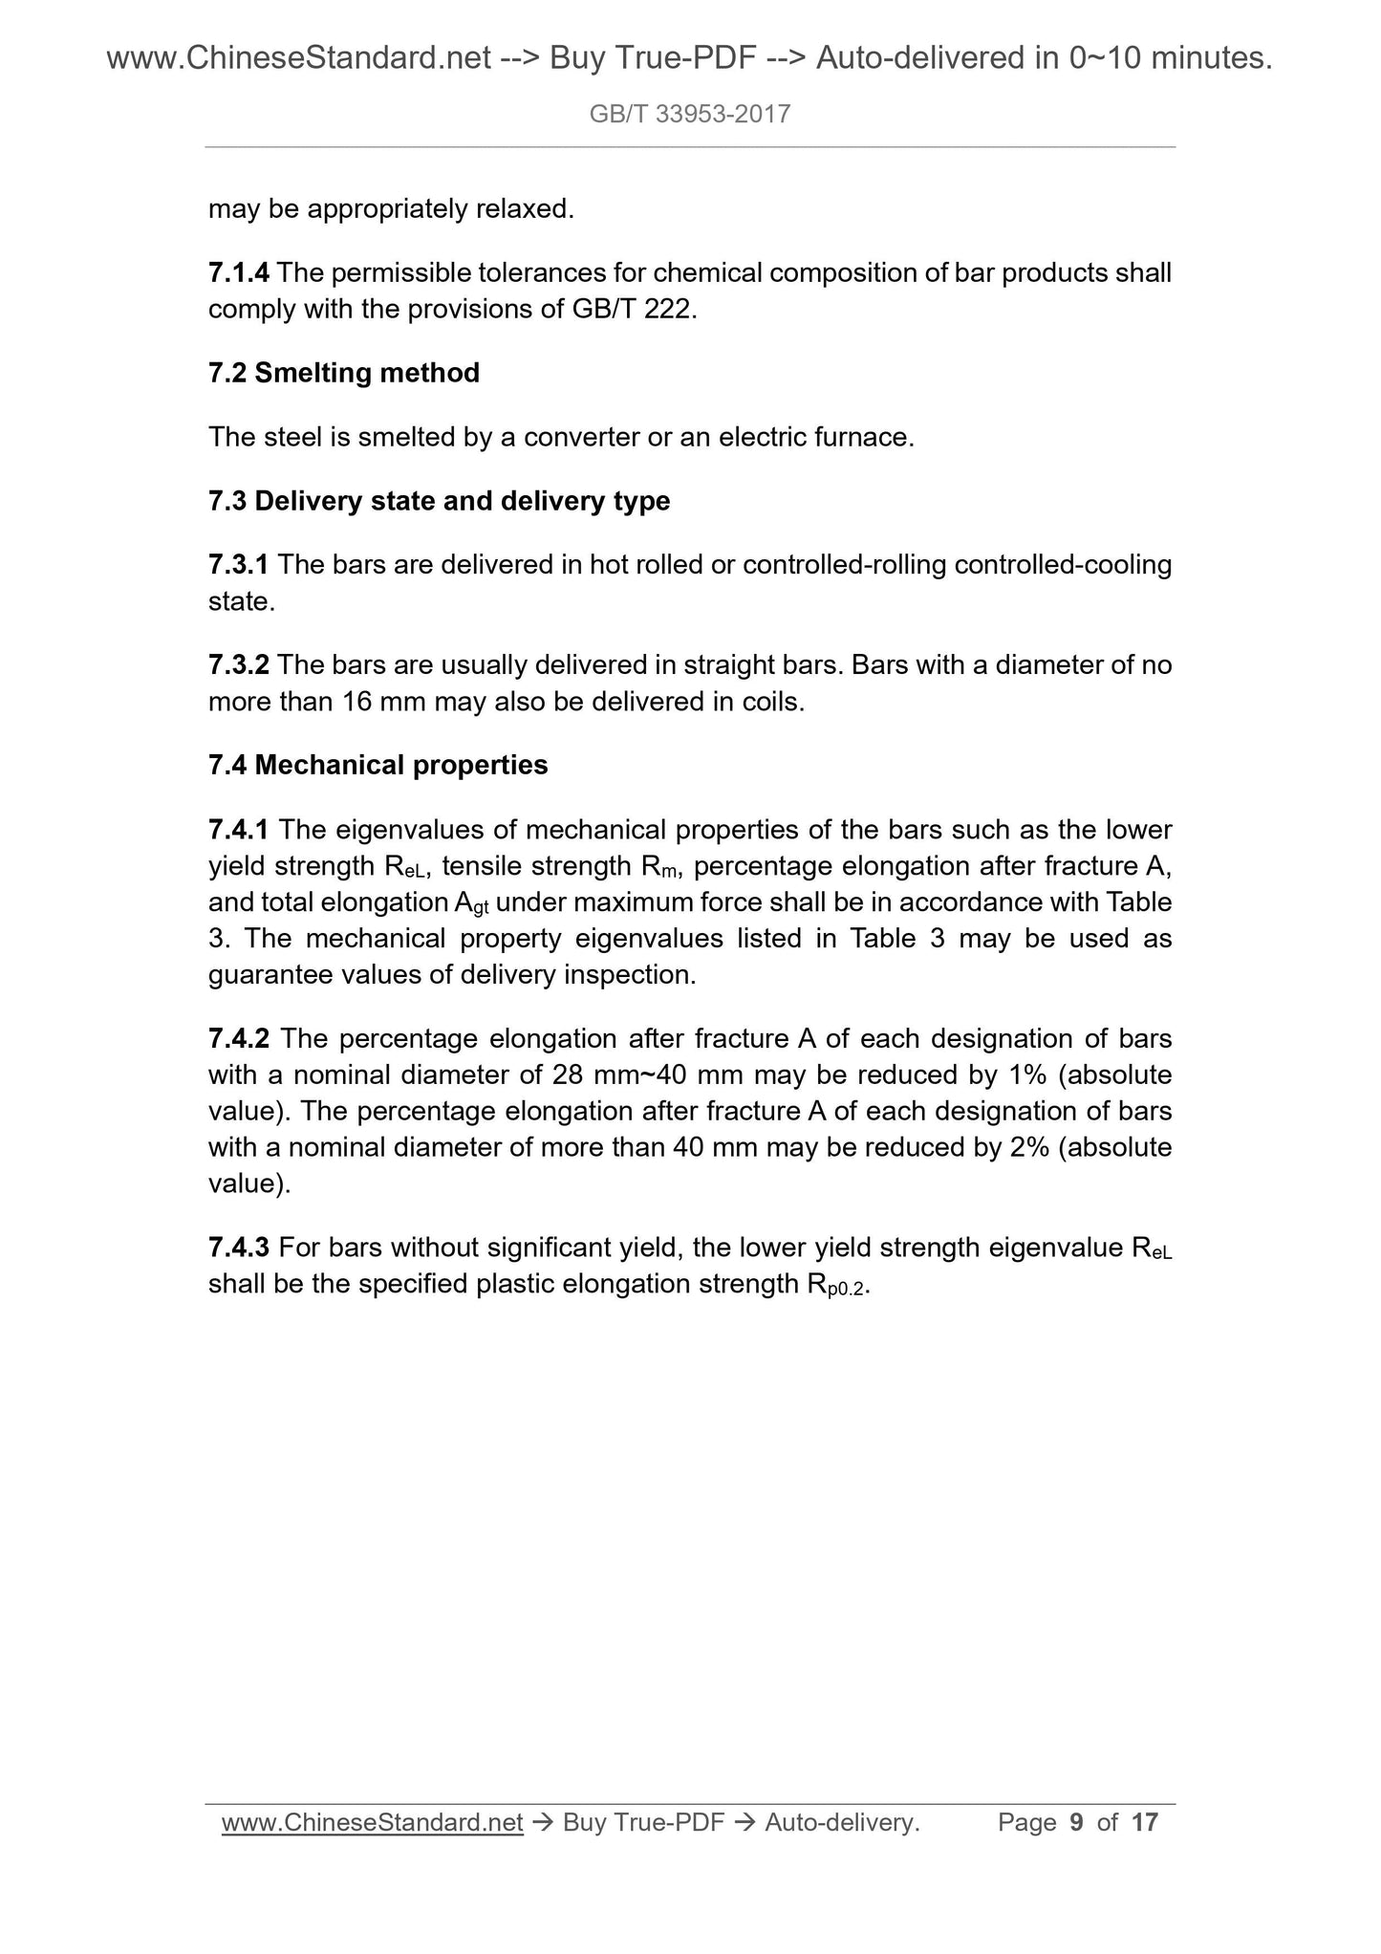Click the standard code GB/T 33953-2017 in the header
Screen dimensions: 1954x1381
[x=690, y=115]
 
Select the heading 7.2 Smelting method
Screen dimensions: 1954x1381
[x=344, y=373]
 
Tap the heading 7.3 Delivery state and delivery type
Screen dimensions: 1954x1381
[x=439, y=501]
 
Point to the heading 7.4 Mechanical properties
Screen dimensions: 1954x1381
[x=378, y=765]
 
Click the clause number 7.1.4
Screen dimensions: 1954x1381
[x=239, y=273]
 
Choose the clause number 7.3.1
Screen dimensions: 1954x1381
[x=239, y=565]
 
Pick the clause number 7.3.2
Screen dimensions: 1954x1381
[x=239, y=664]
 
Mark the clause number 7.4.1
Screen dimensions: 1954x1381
[x=239, y=829]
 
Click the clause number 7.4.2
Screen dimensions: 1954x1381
[x=239, y=1038]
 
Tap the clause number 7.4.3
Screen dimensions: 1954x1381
[x=239, y=1248]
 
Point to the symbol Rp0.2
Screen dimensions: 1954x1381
[x=833, y=1286]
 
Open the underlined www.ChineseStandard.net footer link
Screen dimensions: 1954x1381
[x=372, y=1823]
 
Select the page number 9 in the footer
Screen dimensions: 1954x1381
[x=1077, y=1823]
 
